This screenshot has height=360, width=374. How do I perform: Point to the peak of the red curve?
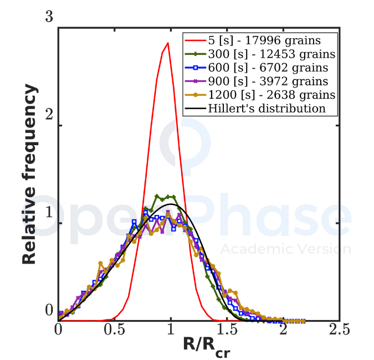tap(167, 43)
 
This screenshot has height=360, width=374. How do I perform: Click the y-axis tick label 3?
tap(49, 17)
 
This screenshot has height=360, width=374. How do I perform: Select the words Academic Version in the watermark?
tap(285, 249)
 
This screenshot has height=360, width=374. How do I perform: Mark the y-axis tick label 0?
tap(49, 310)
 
